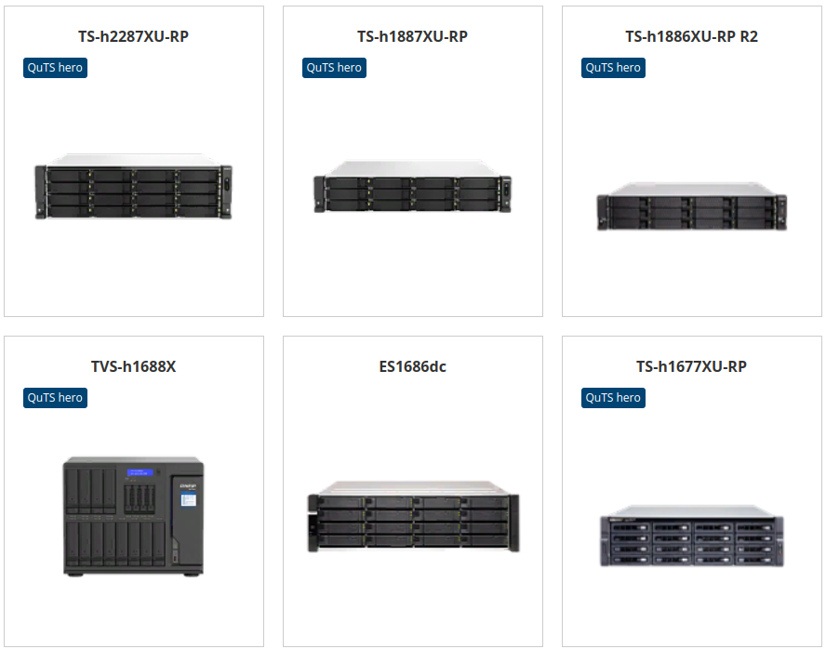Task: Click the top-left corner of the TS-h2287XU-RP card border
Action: click(5, 7)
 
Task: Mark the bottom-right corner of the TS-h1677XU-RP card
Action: click(821, 646)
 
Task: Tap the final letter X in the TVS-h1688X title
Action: click(170, 366)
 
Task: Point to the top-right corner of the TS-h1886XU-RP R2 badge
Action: click(646, 58)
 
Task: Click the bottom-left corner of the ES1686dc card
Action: click(284, 646)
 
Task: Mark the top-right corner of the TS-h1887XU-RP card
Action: click(542, 7)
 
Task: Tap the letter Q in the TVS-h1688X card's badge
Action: click(33, 398)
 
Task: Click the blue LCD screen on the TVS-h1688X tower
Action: click(140, 472)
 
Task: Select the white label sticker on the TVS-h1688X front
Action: click(188, 499)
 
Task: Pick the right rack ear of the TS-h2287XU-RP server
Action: click(227, 192)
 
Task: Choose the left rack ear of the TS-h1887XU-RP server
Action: click(319, 194)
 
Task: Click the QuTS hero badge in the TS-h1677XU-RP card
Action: click(613, 398)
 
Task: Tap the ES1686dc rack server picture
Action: click(414, 516)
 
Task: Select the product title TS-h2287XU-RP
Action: click(133, 36)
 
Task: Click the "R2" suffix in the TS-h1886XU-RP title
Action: click(749, 36)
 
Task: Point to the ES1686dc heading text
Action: click(412, 366)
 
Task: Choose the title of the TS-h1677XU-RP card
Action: click(691, 366)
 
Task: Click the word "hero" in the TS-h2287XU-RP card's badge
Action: click(70, 68)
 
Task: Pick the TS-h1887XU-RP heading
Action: click(412, 36)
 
